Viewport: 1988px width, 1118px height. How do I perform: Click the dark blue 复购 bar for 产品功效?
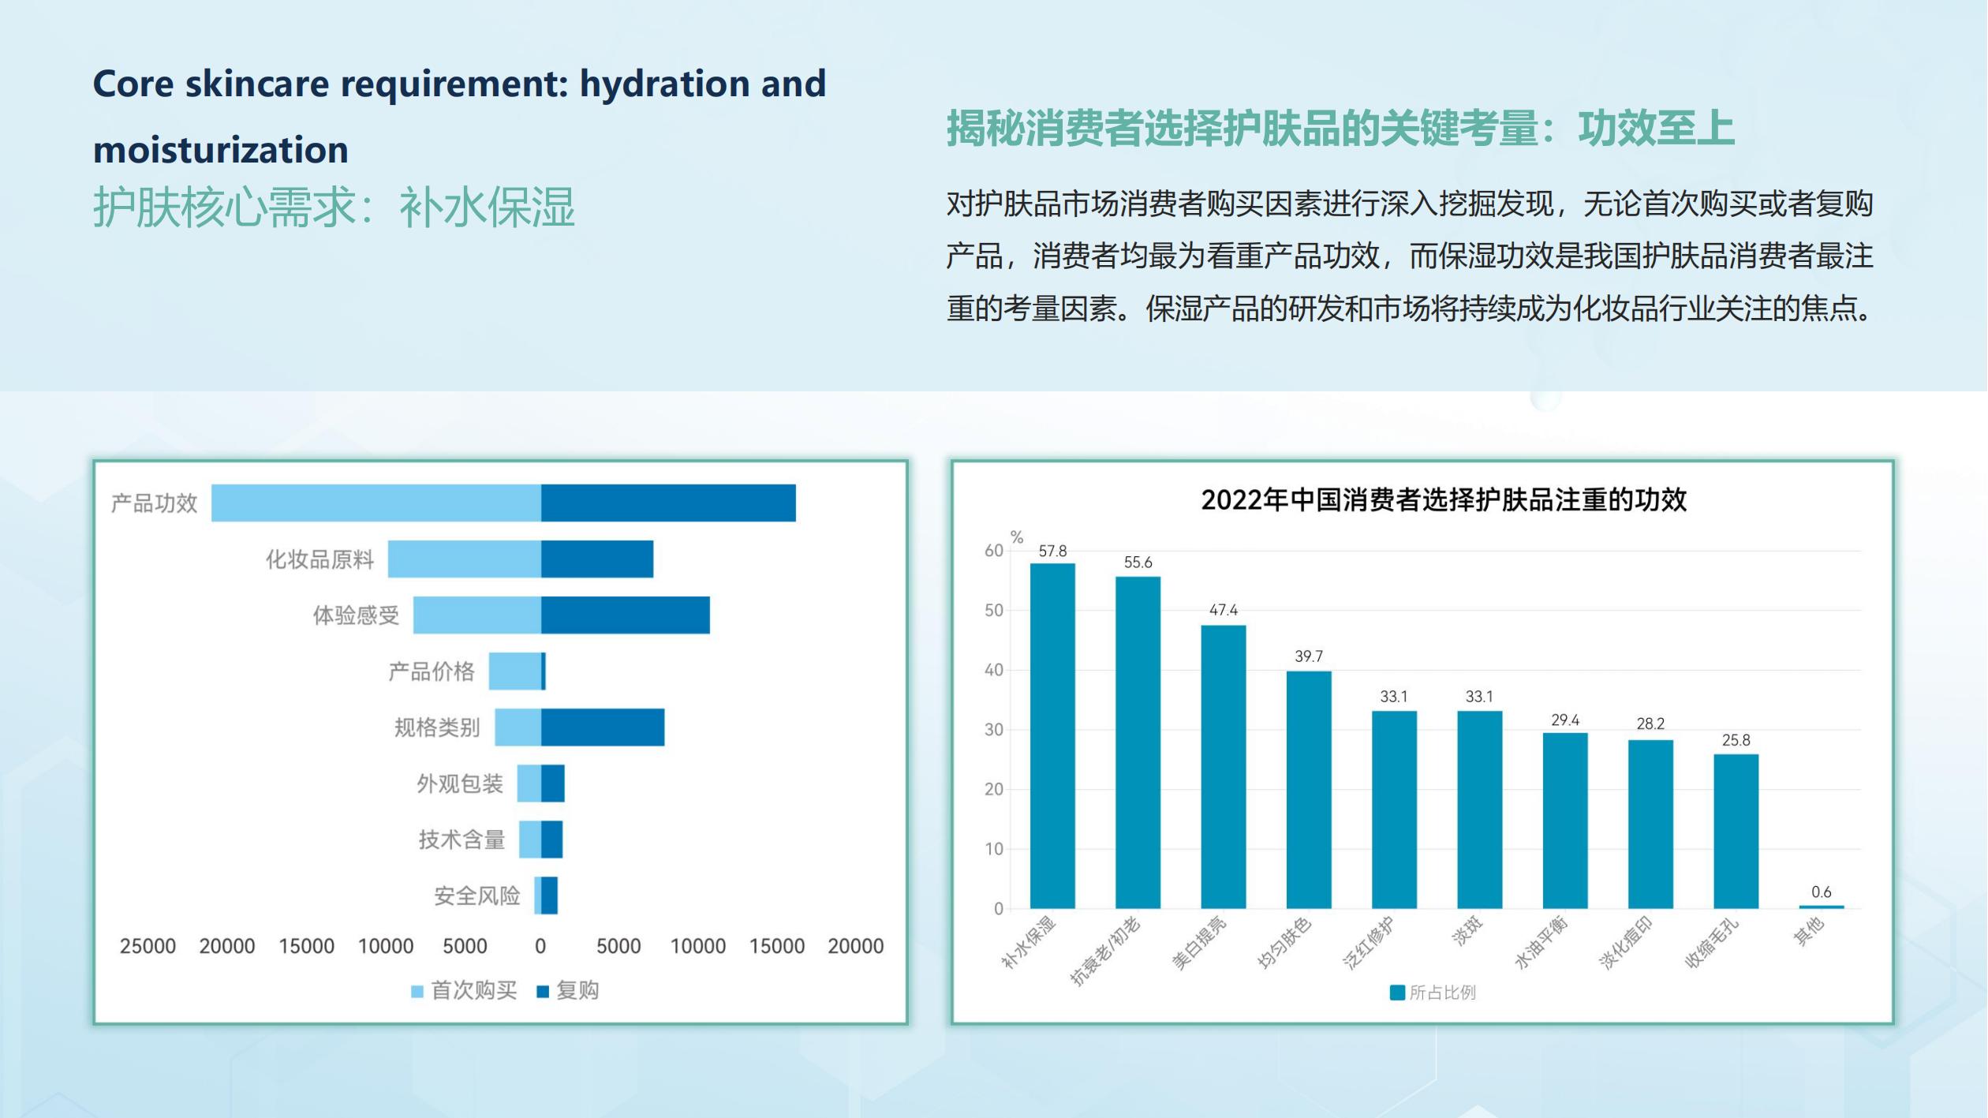coord(668,503)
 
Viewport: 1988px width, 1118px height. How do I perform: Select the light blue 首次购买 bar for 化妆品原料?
coord(464,559)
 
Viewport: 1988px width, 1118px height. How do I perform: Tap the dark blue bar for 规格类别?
coord(603,727)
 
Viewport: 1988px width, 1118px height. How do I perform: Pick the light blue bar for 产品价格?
coord(514,671)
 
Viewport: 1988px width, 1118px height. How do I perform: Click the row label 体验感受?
coord(356,615)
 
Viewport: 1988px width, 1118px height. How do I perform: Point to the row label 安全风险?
coord(477,896)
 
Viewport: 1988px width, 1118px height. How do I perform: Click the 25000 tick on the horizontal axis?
coord(148,946)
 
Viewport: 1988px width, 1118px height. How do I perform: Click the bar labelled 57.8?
coord(1052,735)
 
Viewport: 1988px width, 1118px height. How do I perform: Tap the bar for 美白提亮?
coord(1223,766)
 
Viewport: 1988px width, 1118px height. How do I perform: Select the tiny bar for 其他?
coord(1821,907)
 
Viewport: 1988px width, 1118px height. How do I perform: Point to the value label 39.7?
coord(1308,656)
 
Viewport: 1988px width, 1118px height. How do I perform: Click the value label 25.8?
coord(1736,740)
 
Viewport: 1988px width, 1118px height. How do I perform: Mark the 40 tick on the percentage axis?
coord(993,670)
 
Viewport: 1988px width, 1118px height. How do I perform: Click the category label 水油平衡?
coord(1541,942)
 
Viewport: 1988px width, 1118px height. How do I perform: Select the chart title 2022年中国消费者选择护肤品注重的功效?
coord(1444,499)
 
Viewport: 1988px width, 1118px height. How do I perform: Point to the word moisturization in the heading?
coord(221,150)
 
